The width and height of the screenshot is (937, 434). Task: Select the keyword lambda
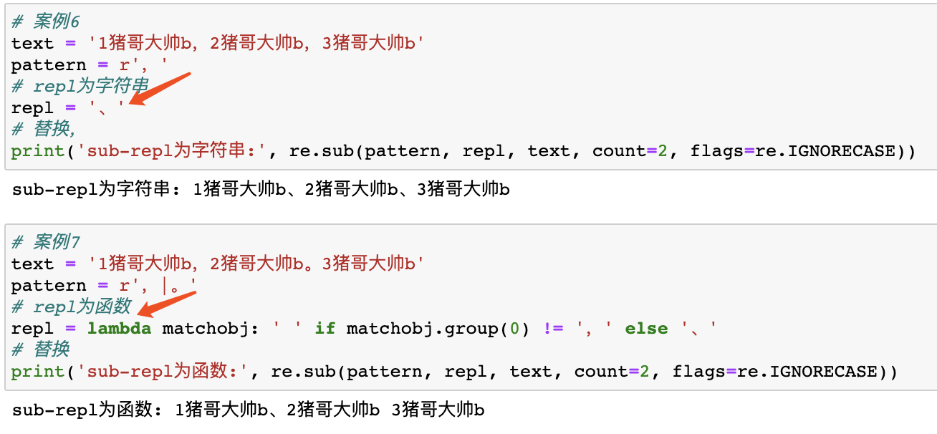tap(120, 329)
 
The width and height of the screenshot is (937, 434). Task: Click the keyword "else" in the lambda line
tap(646, 329)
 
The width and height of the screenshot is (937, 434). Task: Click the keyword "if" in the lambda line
tap(325, 329)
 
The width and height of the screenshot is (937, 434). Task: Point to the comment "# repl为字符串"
tap(80, 87)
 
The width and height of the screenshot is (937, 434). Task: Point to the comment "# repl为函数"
tap(71, 307)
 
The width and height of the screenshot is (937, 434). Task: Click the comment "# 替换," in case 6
tap(44, 130)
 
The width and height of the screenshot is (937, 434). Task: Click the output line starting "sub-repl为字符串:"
tap(261, 191)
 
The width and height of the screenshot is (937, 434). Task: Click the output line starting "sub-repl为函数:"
tap(249, 410)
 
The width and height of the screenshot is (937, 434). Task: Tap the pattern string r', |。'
tap(158, 286)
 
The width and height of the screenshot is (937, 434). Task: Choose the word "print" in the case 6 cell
tap(34, 151)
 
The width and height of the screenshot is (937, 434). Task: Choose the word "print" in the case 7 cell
tap(34, 372)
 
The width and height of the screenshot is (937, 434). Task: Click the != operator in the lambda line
tap(553, 329)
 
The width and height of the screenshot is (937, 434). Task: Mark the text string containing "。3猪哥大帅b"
tap(255, 264)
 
